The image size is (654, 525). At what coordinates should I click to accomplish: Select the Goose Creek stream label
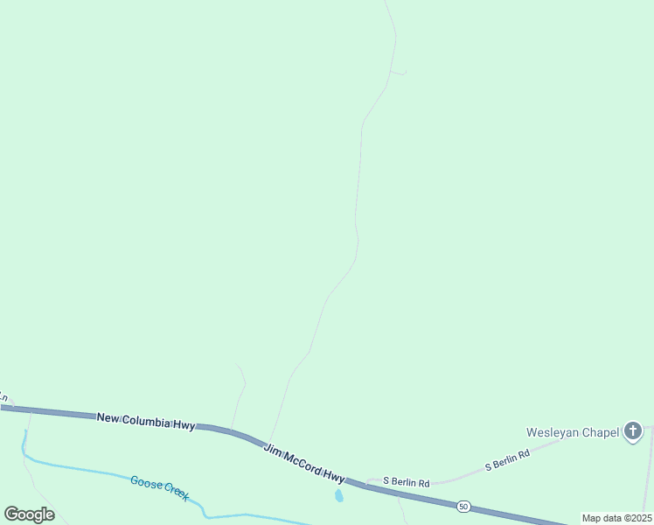pyautogui.click(x=160, y=487)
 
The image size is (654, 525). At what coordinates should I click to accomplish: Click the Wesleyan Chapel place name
pyautogui.click(x=573, y=432)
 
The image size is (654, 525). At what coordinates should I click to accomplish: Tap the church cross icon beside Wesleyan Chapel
pyautogui.click(x=633, y=432)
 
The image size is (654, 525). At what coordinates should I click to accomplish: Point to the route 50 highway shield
pyautogui.click(x=462, y=506)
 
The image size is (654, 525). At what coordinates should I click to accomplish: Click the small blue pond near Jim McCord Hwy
pyautogui.click(x=339, y=496)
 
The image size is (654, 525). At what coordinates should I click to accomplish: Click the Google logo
pyautogui.click(x=29, y=514)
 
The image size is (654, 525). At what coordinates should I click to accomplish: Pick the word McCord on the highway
pyautogui.click(x=302, y=460)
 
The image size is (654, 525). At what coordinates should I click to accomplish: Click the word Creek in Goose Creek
pyautogui.click(x=174, y=493)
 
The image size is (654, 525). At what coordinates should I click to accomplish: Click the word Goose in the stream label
pyautogui.click(x=144, y=482)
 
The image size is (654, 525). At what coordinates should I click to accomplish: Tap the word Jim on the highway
pyautogui.click(x=274, y=448)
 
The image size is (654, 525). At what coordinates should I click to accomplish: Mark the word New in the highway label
pyautogui.click(x=108, y=417)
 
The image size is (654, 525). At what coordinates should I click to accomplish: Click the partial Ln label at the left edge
pyautogui.click(x=3, y=397)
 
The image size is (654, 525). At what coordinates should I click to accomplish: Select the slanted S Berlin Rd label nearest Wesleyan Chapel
pyautogui.click(x=508, y=461)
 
